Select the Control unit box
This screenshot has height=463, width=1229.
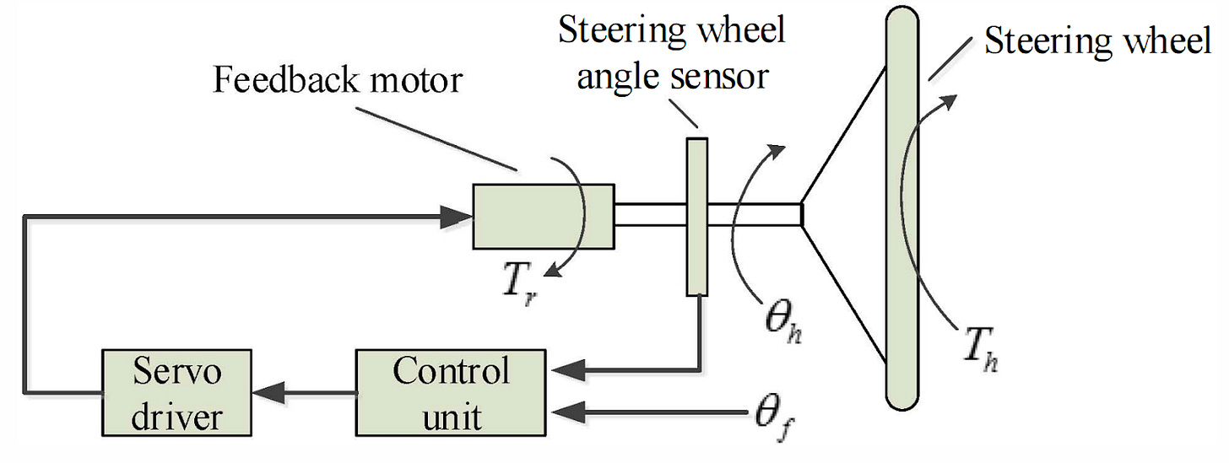click(452, 392)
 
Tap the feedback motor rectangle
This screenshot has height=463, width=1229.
click(542, 216)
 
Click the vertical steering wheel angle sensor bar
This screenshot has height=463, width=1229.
click(696, 216)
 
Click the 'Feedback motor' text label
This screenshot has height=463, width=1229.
click(338, 80)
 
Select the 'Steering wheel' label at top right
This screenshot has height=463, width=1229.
click(1096, 40)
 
